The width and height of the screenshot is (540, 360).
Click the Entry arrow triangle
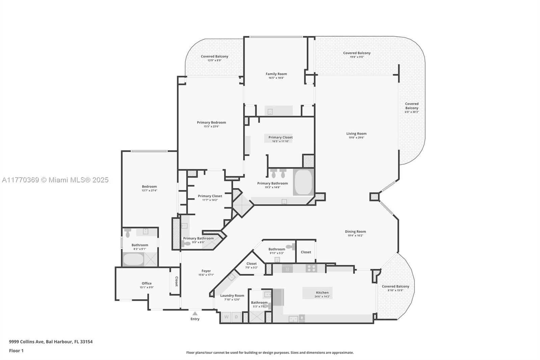click(x=195, y=313)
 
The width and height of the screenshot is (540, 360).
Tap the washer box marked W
click(x=226, y=317)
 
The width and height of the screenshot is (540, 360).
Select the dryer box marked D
click(x=236, y=317)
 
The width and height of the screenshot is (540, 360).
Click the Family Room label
click(x=276, y=74)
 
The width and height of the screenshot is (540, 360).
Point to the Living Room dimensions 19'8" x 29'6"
click(x=356, y=137)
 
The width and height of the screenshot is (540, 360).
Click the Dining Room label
click(x=355, y=231)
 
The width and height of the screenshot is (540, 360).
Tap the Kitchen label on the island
click(x=322, y=292)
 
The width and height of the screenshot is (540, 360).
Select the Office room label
click(x=146, y=283)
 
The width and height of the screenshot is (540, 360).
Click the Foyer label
click(x=206, y=271)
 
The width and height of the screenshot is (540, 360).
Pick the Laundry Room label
click(x=232, y=295)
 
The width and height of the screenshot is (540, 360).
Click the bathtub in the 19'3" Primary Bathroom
click(x=303, y=182)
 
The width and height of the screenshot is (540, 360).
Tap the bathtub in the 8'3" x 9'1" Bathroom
click(x=133, y=259)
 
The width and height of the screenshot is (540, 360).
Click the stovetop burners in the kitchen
click(x=311, y=268)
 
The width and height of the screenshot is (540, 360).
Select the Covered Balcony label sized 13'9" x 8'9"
click(x=214, y=56)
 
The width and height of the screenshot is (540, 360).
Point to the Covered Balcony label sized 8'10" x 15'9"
click(x=395, y=286)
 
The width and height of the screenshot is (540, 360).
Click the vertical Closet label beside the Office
click(x=176, y=281)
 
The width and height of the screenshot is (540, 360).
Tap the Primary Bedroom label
click(x=211, y=122)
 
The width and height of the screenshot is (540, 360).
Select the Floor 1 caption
click(x=16, y=351)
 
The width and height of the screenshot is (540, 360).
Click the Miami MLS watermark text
click(x=55, y=180)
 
